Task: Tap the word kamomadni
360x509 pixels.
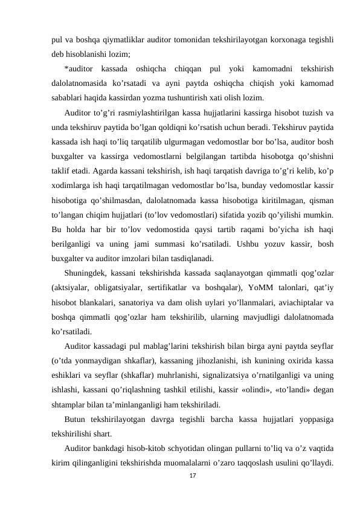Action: [x=262, y=67]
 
